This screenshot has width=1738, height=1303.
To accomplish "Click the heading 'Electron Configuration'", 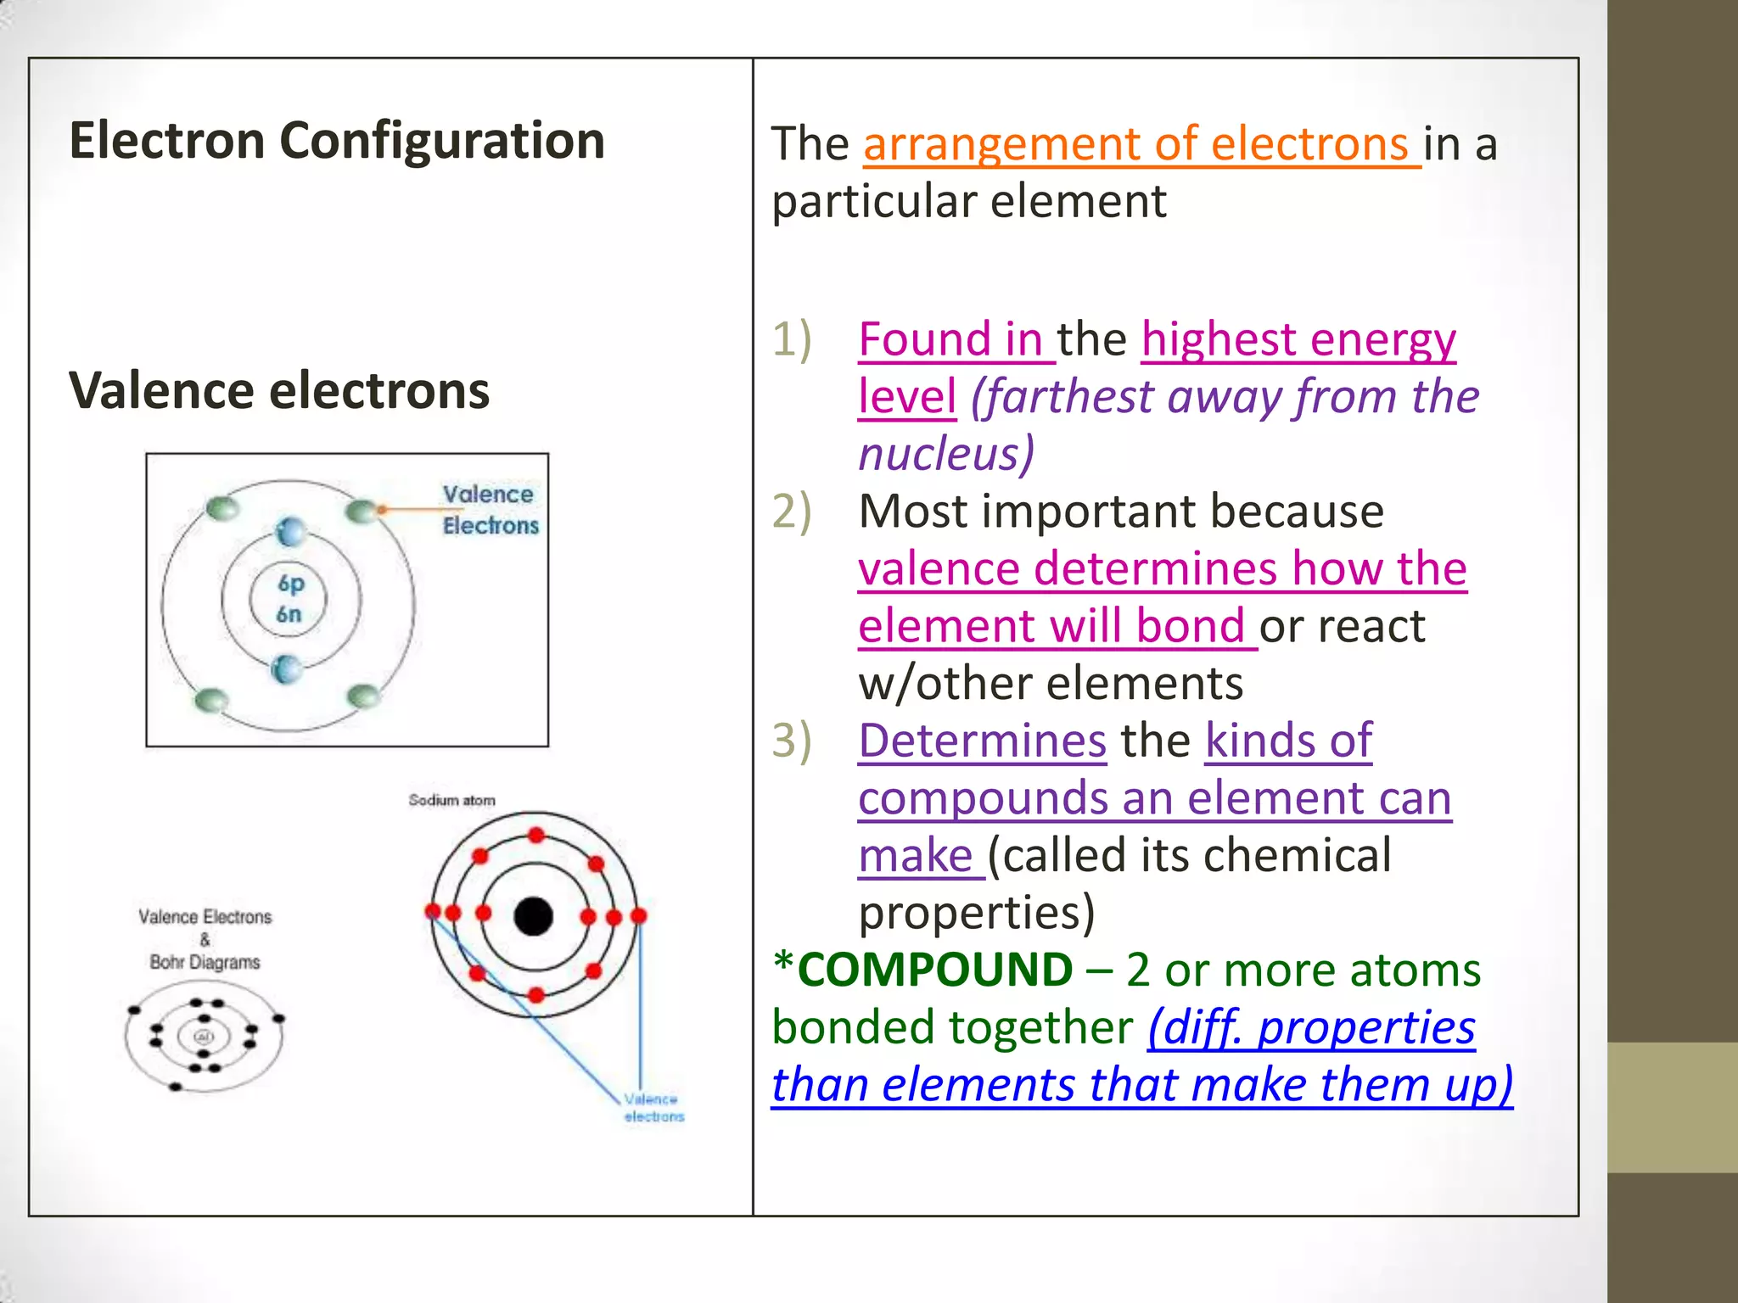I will [x=337, y=140].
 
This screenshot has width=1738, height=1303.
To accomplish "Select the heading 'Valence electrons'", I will [x=279, y=390].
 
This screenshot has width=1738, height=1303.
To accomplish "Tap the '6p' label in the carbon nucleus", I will [x=290, y=584].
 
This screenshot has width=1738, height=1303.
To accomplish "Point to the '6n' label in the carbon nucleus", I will [x=289, y=614].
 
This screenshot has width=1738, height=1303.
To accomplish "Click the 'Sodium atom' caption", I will [x=451, y=800].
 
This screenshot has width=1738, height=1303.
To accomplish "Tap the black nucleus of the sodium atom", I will [x=534, y=916].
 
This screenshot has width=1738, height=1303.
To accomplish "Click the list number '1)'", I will [x=792, y=339].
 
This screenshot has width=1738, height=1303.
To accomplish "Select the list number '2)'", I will [x=792, y=512].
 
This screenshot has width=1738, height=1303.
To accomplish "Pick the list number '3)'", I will [x=792, y=741].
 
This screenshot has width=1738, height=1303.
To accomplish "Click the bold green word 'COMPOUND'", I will [x=935, y=970].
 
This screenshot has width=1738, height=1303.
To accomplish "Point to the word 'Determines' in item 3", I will [x=982, y=741].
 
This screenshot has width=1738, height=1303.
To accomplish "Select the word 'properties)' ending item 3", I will [x=977, y=913].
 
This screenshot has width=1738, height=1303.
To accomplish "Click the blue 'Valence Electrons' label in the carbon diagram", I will [x=490, y=510].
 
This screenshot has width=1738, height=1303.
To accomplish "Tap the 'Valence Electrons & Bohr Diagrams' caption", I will [x=205, y=939].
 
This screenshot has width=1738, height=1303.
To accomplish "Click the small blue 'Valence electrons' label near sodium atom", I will [x=653, y=1108].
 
